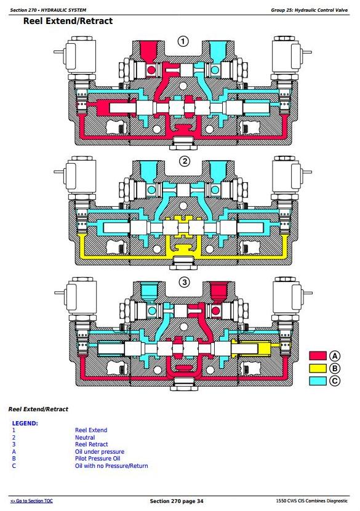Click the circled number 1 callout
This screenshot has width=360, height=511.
click(183, 41)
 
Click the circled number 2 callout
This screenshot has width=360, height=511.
click(185, 161)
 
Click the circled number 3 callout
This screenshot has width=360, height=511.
click(185, 282)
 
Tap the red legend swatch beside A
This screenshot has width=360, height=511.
click(318, 356)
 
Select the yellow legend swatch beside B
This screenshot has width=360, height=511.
click(318, 368)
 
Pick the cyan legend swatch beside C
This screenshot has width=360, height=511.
click(318, 380)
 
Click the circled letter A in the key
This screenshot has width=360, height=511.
click(335, 356)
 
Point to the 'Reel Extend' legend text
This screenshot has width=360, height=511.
click(91, 430)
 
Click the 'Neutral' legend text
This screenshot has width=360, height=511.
click(85, 437)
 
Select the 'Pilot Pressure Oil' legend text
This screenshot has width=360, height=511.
click(98, 459)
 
